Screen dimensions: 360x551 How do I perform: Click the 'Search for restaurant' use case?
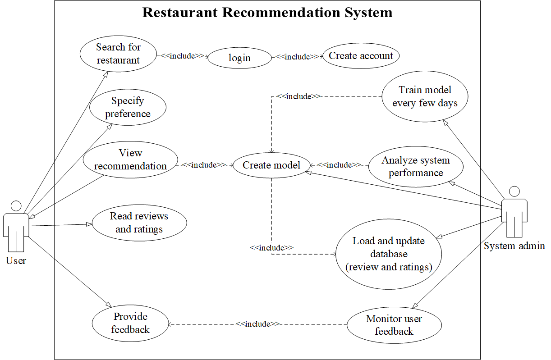tap(118, 54)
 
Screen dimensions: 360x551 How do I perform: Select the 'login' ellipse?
tap(239, 58)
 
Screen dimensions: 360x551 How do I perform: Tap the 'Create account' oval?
tap(361, 56)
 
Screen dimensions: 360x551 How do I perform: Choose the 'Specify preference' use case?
tap(128, 107)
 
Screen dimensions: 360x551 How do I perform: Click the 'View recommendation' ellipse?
tap(130, 159)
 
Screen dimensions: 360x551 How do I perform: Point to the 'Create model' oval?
tap(271, 165)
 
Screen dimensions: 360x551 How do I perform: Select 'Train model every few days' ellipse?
tap(425, 96)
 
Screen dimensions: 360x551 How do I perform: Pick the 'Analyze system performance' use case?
tap(415, 166)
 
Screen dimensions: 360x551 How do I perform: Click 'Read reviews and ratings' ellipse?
tap(139, 223)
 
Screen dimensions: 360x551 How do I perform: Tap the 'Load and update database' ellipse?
tap(388, 254)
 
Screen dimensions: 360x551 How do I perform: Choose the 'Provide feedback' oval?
tap(130, 323)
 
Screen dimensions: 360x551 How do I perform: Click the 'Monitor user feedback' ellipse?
tap(394, 325)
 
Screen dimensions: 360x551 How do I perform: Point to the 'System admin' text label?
tap(514, 246)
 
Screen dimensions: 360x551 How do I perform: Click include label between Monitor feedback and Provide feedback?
tap(257, 324)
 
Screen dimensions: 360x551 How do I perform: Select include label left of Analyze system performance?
tap(339, 165)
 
